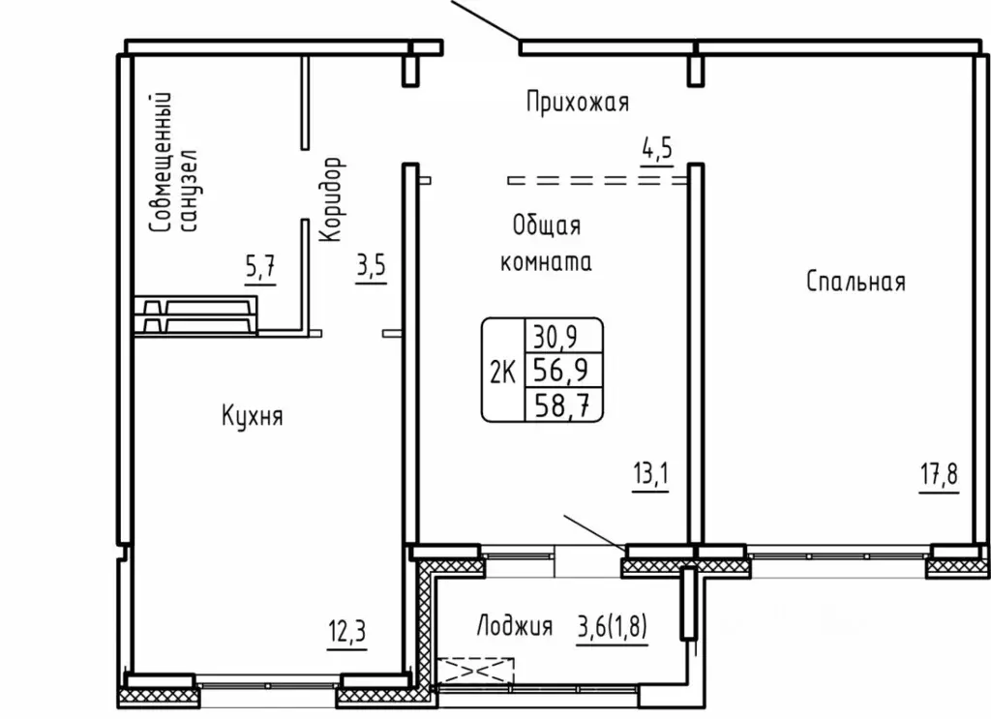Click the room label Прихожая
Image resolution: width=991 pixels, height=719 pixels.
[x=578, y=102]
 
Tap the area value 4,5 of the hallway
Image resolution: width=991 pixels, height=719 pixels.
[x=657, y=149]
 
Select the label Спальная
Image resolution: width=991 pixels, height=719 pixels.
[x=856, y=282]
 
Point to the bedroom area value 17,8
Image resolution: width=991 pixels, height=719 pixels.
[x=939, y=474]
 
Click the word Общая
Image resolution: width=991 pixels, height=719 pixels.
[x=547, y=225]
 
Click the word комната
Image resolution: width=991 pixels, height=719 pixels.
[x=546, y=261]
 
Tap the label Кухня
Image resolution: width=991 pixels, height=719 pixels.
[x=253, y=416]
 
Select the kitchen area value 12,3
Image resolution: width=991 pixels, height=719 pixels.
[x=347, y=631]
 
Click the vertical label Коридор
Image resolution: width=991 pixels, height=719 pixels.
[x=332, y=199]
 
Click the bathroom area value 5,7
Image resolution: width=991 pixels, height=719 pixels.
[x=260, y=267]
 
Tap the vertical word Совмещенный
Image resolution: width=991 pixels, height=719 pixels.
[x=161, y=163]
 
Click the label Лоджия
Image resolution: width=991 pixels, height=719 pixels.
[x=515, y=625]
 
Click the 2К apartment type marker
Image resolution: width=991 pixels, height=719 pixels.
[x=503, y=373]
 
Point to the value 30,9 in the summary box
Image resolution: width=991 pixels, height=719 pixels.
[x=556, y=337]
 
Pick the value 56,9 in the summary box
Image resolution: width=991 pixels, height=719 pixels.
[x=560, y=370]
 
